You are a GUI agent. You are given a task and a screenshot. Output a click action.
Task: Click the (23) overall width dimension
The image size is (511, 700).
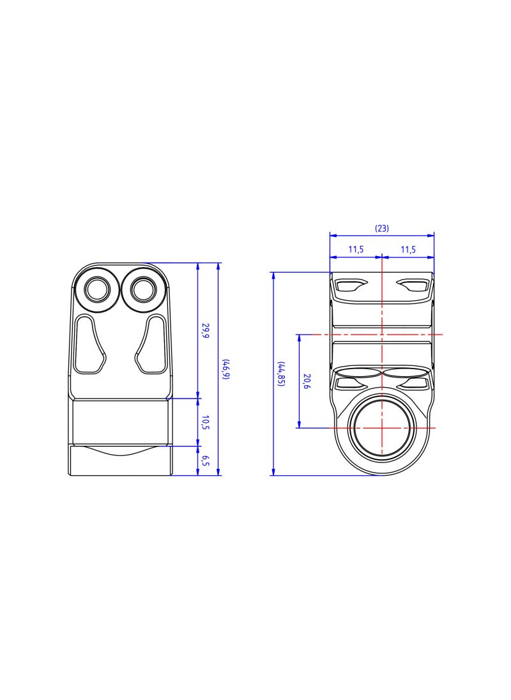pos(381,229)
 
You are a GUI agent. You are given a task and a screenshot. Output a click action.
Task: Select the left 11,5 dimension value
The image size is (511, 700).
pos(356,250)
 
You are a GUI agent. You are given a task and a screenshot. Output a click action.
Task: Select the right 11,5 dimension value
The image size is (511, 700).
pos(408,250)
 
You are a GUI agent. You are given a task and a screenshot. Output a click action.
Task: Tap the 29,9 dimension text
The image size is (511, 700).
pos(206,331)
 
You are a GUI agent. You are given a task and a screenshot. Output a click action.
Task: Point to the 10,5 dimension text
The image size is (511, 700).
pos(206,422)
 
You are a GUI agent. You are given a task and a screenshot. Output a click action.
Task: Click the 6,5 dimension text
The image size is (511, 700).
pos(206,460)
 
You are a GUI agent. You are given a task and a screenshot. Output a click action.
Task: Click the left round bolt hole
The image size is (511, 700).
pos(98,290)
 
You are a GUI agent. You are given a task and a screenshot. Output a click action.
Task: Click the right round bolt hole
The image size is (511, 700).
pos(143,289)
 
